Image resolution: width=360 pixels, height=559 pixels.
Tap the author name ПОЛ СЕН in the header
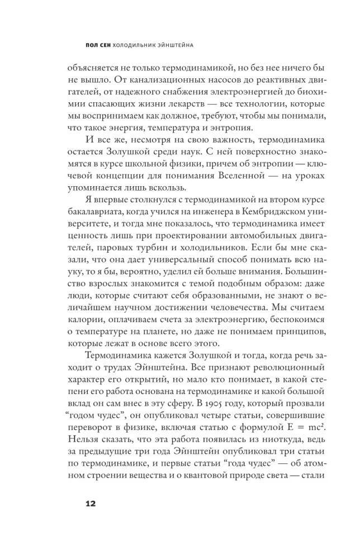click(x=91, y=44)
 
